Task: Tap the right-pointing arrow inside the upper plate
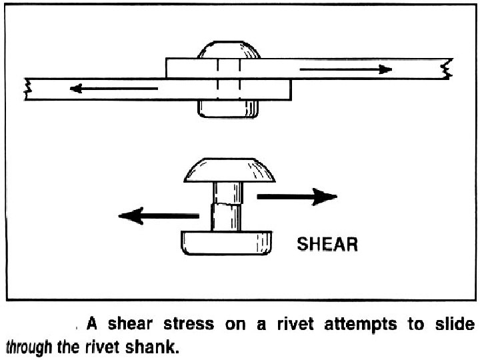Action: [345, 69]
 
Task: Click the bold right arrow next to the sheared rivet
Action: [297, 197]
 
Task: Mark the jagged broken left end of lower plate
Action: [27, 89]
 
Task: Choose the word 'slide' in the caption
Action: [457, 325]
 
